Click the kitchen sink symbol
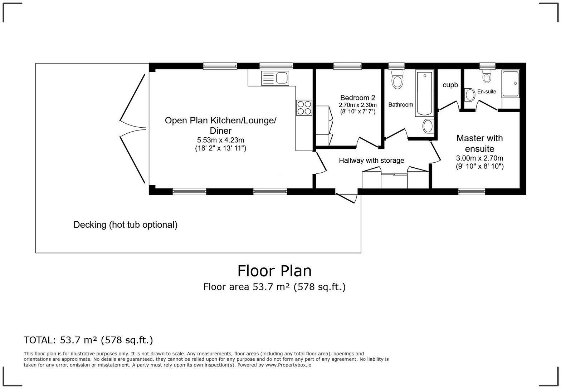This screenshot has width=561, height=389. pos(275,78)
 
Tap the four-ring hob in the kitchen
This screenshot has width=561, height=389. pos(304,108)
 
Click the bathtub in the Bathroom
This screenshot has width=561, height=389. pos(424,93)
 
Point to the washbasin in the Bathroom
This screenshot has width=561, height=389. pos(428,126)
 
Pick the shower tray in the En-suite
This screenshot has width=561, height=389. pos(511,84)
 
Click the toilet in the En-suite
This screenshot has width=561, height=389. pos(487,76)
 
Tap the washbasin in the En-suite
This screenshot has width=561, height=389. pos(470,95)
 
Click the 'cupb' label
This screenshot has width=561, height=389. pos(450,85)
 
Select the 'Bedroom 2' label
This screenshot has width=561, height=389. pos(357,98)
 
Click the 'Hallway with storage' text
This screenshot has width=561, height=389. pos(371,161)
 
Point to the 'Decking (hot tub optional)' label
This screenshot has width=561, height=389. pos(125,225)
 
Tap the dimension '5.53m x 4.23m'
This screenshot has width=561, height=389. pos(220,140)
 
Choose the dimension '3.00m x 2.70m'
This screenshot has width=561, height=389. pos(479,158)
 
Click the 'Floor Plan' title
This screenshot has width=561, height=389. pos(274,271)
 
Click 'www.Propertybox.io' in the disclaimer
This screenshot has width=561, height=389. pos(288,365)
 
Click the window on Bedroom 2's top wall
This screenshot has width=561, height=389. pos(347,66)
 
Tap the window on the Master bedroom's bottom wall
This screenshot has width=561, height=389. pos(472,192)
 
